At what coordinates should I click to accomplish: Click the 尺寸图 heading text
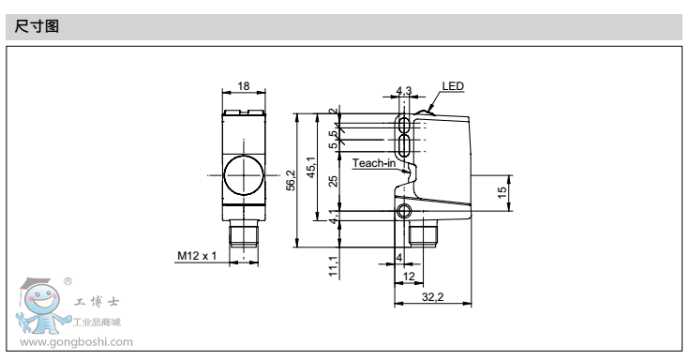(37, 26)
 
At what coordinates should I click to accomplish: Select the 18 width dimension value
(244, 86)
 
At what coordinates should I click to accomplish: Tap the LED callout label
(453, 86)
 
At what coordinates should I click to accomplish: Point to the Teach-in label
(374, 163)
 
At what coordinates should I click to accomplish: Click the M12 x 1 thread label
(197, 256)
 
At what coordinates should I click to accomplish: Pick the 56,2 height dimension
(291, 180)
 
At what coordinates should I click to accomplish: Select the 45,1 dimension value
(311, 167)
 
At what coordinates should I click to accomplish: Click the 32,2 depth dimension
(432, 297)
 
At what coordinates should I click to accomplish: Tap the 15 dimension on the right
(502, 192)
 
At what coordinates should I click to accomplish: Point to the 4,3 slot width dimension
(404, 91)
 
